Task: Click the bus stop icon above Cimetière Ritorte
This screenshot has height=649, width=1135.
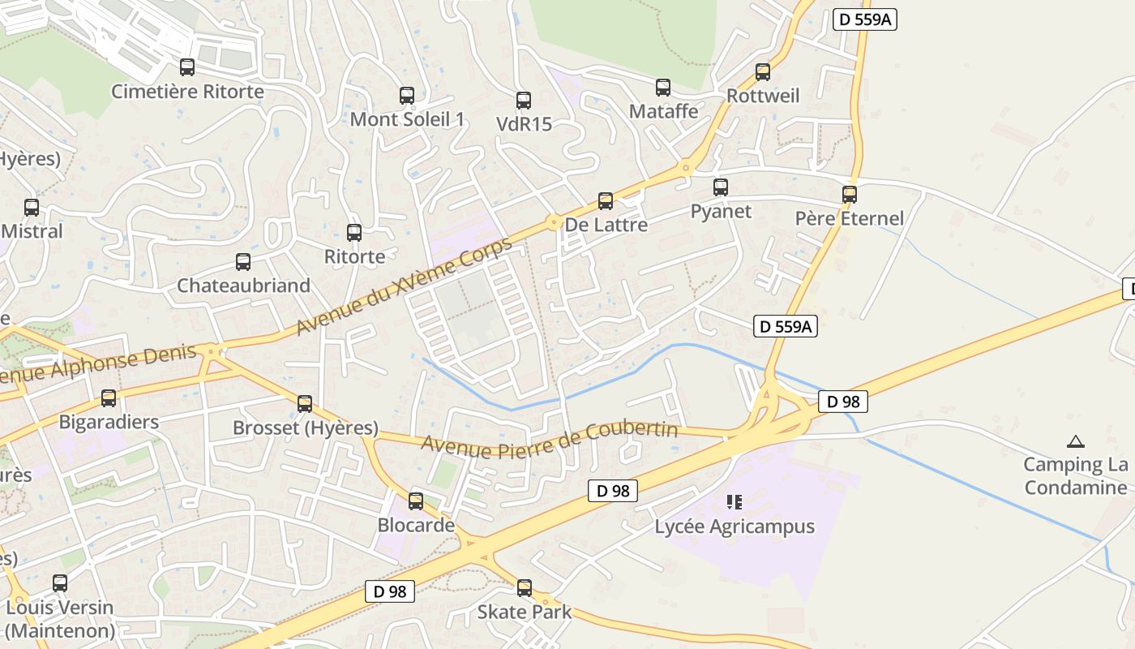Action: [x=187, y=67]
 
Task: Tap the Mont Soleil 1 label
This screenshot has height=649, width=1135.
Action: [x=407, y=119]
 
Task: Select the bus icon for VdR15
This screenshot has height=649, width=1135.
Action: [x=524, y=101]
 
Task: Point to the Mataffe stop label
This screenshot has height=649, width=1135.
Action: [x=663, y=111]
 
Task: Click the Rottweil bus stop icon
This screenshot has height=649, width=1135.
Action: [x=763, y=72]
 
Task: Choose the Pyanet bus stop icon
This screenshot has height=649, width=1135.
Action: [x=721, y=187]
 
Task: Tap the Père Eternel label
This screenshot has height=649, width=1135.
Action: [x=849, y=218]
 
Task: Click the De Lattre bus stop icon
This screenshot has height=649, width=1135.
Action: [x=606, y=201]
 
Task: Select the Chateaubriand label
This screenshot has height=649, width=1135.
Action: [x=243, y=286]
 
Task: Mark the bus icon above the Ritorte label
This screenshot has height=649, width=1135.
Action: [x=354, y=233]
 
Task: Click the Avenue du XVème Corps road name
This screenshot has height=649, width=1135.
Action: [x=405, y=286]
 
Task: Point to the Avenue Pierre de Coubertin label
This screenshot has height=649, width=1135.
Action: [x=550, y=438]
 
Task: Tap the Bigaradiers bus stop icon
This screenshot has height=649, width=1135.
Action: [x=109, y=398]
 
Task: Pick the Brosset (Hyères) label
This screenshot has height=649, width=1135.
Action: [x=306, y=428]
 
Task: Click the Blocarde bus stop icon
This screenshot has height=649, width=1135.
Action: [x=416, y=501]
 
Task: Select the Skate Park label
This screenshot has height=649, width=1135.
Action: [x=524, y=612]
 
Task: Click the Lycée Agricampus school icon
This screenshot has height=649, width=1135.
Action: [x=735, y=502]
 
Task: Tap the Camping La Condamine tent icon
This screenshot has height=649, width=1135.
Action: [x=1076, y=442]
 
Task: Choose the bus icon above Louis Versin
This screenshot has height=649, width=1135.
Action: [x=60, y=583]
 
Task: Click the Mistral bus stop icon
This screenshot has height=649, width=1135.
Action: [x=32, y=208]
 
